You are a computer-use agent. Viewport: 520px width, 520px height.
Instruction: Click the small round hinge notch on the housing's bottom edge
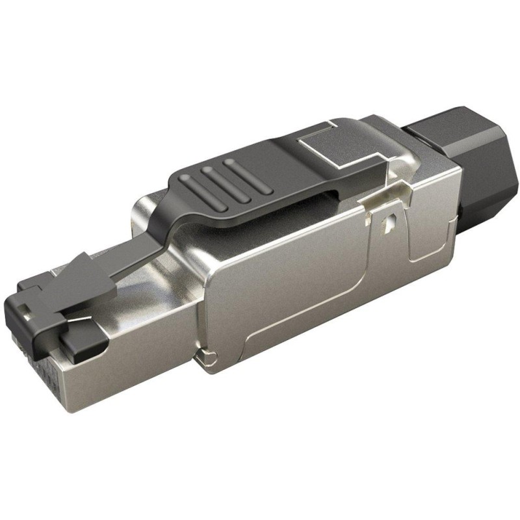tap(206, 356)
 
